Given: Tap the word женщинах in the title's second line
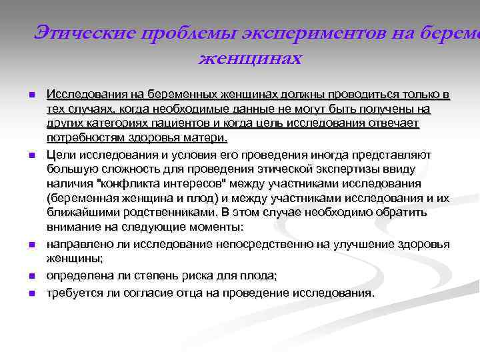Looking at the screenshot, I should pyautogui.click(x=249, y=59).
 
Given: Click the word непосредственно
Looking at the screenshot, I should pyautogui.click(x=273, y=245).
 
